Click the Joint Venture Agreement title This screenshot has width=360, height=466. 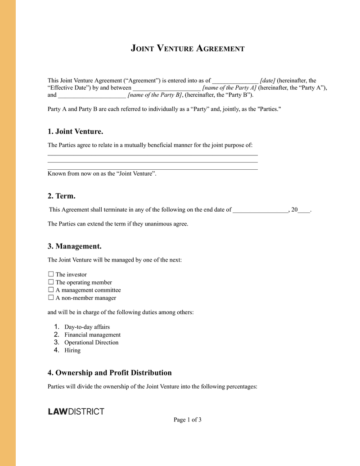(x=188, y=48)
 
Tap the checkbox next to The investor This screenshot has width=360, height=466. (x=51, y=274)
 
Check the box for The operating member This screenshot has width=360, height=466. (x=51, y=282)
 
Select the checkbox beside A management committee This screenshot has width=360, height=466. (x=51, y=290)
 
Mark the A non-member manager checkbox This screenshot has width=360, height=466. (x=51, y=298)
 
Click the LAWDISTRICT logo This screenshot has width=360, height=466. (x=76, y=412)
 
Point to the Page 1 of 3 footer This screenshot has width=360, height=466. (x=188, y=420)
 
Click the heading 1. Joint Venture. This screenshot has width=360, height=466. (x=76, y=131)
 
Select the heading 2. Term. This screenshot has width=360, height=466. (x=62, y=196)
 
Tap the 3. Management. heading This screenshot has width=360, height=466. (x=75, y=246)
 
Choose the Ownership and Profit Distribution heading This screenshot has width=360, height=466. (x=110, y=373)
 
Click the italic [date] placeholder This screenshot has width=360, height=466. (x=268, y=81)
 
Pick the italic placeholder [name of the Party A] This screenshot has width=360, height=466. (x=229, y=88)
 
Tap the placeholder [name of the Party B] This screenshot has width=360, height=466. (x=155, y=95)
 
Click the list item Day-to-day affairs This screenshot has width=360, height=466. (x=87, y=327)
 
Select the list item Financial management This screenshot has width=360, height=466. (x=92, y=335)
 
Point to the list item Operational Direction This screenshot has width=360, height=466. (x=91, y=342)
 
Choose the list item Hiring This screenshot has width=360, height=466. (x=72, y=350)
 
